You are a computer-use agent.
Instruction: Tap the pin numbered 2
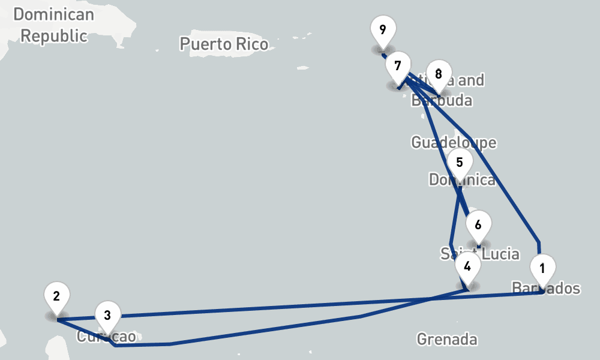click(x=56, y=296)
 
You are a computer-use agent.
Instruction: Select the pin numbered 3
click(x=107, y=314)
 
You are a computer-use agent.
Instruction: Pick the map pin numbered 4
click(x=467, y=265)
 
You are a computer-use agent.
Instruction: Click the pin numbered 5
click(x=460, y=163)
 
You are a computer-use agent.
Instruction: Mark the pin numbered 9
click(x=383, y=29)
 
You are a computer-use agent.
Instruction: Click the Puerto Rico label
click(x=224, y=44)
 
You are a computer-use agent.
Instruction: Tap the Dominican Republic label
click(x=54, y=25)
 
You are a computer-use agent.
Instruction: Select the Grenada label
click(x=447, y=340)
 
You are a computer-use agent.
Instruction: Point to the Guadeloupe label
click(x=454, y=142)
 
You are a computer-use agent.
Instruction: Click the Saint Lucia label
click(x=480, y=254)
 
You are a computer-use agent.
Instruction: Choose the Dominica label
click(x=462, y=180)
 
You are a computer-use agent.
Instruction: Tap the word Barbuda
click(x=442, y=100)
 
